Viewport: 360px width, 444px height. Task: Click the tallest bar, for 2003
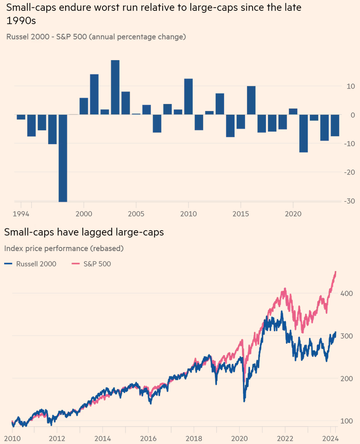pyautogui.click(x=115, y=87)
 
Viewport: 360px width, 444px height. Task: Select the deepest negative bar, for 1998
pyautogui.click(x=63, y=158)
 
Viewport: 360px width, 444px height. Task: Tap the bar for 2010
pyautogui.click(x=188, y=96)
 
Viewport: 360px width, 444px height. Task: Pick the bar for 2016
pyautogui.click(x=251, y=100)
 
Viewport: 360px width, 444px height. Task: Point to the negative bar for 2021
pyautogui.click(x=303, y=133)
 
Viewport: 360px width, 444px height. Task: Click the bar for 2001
pyautogui.click(x=94, y=94)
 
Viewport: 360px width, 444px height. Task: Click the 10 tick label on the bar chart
pyautogui.click(x=350, y=86)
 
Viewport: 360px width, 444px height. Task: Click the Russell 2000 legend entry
pyautogui.click(x=30, y=264)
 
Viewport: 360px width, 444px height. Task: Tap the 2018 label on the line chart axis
pyautogui.click(x=194, y=439)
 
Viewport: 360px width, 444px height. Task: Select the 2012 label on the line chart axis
pyautogui.click(x=57, y=439)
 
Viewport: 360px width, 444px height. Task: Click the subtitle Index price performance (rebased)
pyautogui.click(x=64, y=248)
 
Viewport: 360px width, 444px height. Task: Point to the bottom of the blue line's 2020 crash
pyautogui.click(x=244, y=400)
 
